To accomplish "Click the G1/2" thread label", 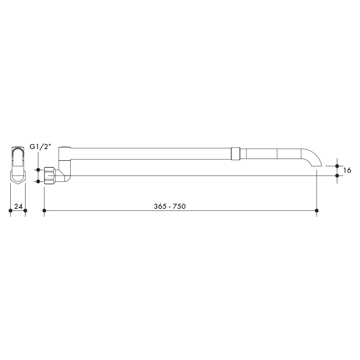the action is [x=40, y=147].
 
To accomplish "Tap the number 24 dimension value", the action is [x=18, y=206].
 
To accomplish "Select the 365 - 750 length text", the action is [x=170, y=206].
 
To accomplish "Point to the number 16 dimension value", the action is [x=347, y=170].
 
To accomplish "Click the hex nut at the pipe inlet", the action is [x=50, y=176].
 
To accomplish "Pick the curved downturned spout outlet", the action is [x=311, y=157].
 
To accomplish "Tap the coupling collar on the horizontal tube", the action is [x=235, y=154].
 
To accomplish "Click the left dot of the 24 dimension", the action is [x=10, y=211].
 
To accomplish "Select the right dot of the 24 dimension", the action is [x=25, y=211].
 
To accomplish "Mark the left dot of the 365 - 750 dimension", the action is [x=44, y=211].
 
